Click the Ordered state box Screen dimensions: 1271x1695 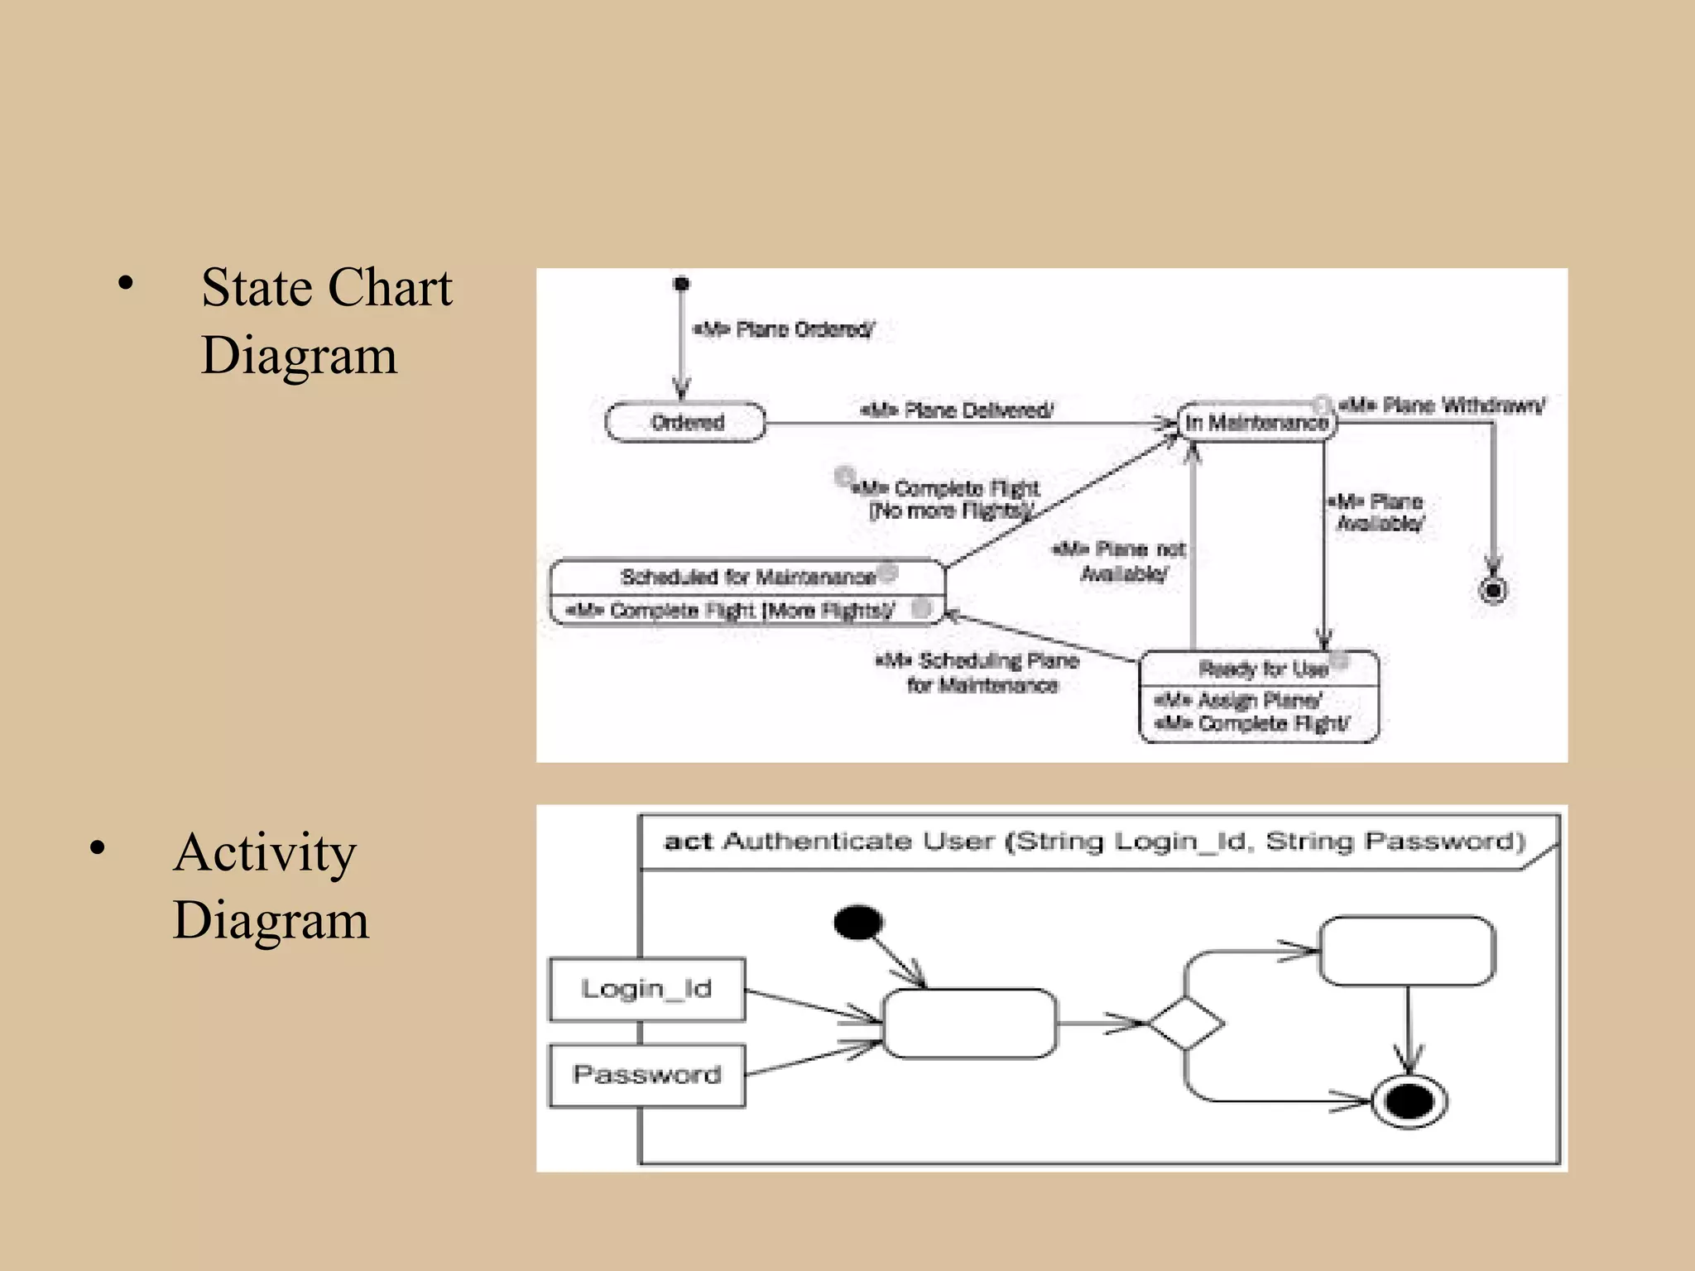(685, 423)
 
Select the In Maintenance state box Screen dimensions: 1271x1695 (1256, 423)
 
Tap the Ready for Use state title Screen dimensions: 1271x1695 (1262, 669)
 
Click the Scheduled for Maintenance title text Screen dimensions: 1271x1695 (747, 577)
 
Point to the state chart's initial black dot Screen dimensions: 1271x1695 (681, 285)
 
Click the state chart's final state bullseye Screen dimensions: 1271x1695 (1493, 590)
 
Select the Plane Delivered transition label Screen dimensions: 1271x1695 (958, 410)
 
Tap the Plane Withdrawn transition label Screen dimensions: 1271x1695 (1442, 405)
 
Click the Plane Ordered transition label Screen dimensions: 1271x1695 (783, 330)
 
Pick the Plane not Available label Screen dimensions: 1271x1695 (1120, 561)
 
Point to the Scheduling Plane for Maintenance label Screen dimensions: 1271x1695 (979, 673)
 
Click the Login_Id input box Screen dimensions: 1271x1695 (646, 989)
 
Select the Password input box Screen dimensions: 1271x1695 (646, 1075)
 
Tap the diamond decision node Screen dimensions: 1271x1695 (1185, 1024)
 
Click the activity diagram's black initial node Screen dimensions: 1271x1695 (858, 922)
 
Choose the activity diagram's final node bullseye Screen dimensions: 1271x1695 (1409, 1101)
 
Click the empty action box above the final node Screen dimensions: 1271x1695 (1407, 950)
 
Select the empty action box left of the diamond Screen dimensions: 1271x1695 (969, 1024)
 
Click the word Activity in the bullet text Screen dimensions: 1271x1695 (265, 852)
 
